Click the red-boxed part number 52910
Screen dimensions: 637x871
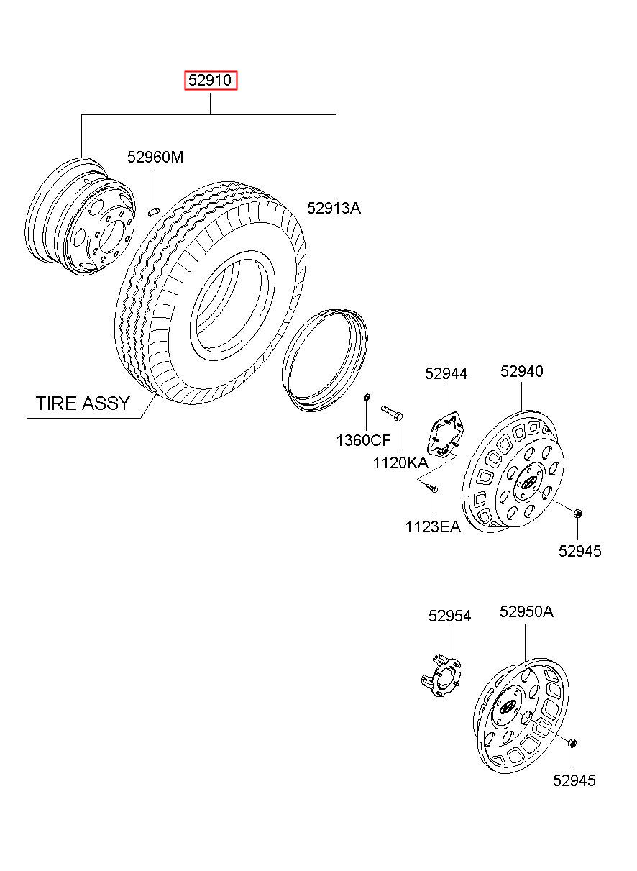pyautogui.click(x=210, y=81)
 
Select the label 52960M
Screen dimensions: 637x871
pyautogui.click(x=155, y=157)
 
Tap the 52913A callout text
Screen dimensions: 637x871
pyautogui.click(x=334, y=208)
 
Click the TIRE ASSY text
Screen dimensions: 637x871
pyautogui.click(x=83, y=403)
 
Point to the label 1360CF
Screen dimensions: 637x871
pyautogui.click(x=363, y=440)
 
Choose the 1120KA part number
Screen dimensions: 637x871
pyautogui.click(x=400, y=462)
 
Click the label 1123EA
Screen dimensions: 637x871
pyautogui.click(x=433, y=527)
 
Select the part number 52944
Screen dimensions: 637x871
pyautogui.click(x=446, y=373)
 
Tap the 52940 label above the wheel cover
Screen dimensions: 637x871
pyautogui.click(x=521, y=371)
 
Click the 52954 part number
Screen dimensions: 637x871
pyautogui.click(x=449, y=616)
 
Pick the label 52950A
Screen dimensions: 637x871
pyautogui.click(x=526, y=611)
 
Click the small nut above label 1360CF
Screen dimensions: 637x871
pyautogui.click(x=366, y=398)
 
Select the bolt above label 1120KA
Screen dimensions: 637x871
pyautogui.click(x=392, y=412)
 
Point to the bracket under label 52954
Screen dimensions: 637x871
pyautogui.click(x=440, y=678)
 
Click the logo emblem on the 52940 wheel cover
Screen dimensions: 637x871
pyautogui.click(x=528, y=483)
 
